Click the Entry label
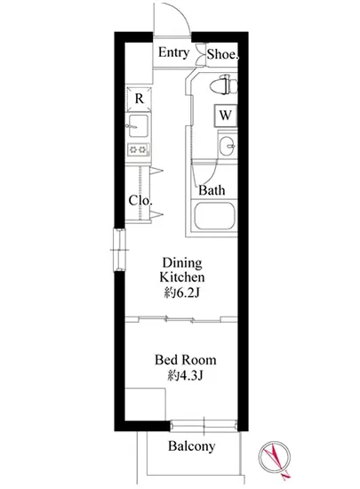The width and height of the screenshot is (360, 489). point(173,52)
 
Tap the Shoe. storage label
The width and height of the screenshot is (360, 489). point(222,54)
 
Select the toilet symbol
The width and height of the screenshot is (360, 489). point(224,84)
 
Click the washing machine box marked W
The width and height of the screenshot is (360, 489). point(226,116)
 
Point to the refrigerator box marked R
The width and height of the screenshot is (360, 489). point(139,99)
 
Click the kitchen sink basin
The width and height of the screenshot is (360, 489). point(138,125)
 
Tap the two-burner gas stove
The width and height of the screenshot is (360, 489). point(138,149)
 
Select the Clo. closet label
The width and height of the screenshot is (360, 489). point(140,201)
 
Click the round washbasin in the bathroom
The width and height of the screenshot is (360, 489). point(227,146)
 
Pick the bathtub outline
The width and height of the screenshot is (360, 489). point(214,217)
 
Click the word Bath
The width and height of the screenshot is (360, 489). point(212,190)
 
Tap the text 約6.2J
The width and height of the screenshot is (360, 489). point(182,293)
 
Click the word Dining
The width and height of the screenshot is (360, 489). point(182,263)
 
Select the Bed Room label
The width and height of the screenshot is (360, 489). point(186,360)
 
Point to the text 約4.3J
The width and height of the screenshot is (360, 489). point(186,375)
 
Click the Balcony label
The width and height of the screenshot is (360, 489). point(192,446)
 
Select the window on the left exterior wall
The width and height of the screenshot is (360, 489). point(119,250)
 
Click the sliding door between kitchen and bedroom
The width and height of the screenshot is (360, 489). point(180,319)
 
